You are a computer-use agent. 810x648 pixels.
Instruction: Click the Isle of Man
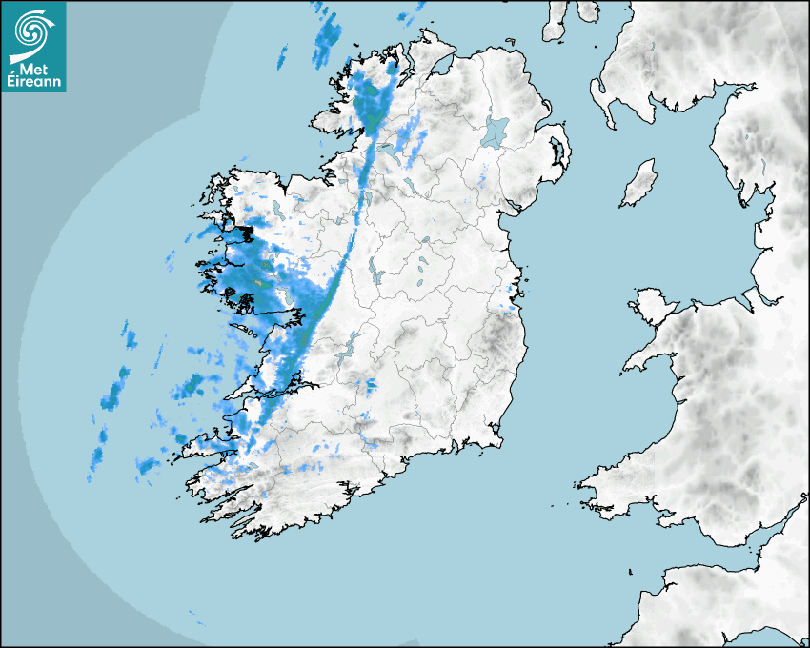[639, 183]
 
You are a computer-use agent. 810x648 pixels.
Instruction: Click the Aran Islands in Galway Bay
[247, 333]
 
